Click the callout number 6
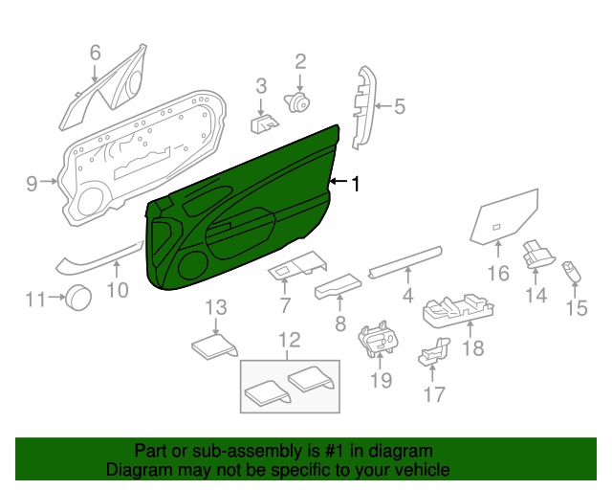pyautogui.click(x=96, y=53)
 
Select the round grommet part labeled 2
pyautogui.click(x=297, y=102)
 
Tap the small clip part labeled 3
pyautogui.click(x=264, y=123)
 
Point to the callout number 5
pyautogui.click(x=400, y=106)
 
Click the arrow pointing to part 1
pyautogui.click(x=339, y=181)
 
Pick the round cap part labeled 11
pyautogui.click(x=78, y=298)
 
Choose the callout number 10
pyautogui.click(x=118, y=290)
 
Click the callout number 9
pyautogui.click(x=32, y=183)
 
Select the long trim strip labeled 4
pyautogui.click(x=405, y=262)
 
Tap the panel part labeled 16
pyautogui.click(x=504, y=217)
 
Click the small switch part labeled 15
pyautogui.click(x=571, y=272)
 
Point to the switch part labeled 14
pyautogui.click(x=537, y=254)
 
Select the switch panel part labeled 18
pyautogui.click(x=458, y=310)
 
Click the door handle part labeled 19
pyautogui.click(x=379, y=339)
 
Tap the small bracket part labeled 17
pyautogui.click(x=433, y=351)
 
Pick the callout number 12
pyautogui.click(x=290, y=340)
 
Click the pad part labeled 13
pyautogui.click(x=215, y=345)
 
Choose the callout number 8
pyautogui.click(x=340, y=323)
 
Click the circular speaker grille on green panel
pyautogui.click(x=192, y=266)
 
